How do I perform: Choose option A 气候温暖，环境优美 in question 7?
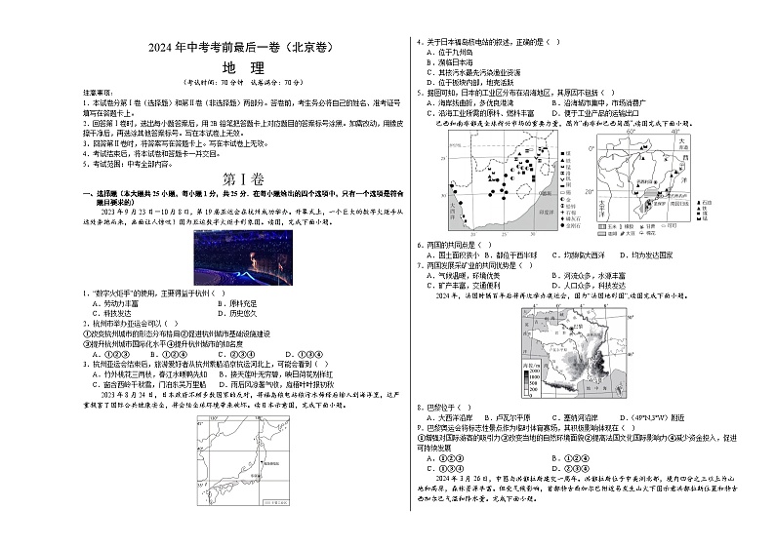tap(469, 275)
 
